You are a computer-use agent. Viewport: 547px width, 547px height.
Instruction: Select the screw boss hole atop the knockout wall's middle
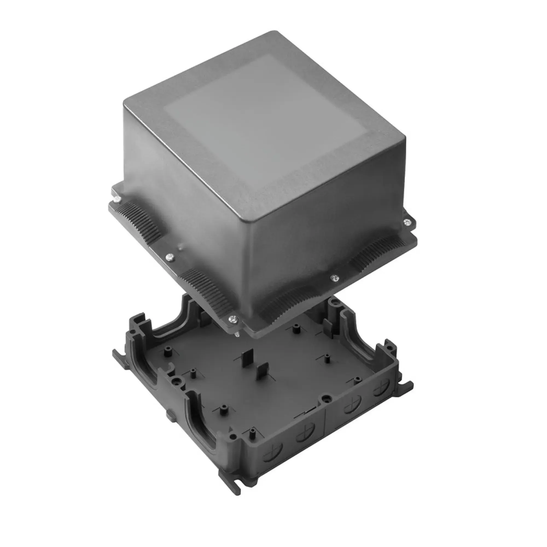[326, 399]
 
